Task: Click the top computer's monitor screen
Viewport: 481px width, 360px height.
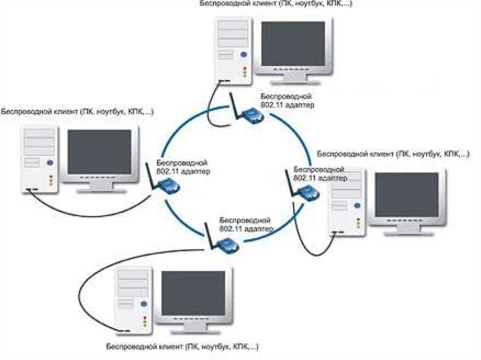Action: (x=293, y=44)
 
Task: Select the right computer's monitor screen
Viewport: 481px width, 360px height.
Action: (x=406, y=195)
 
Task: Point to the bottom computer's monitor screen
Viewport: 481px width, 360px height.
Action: (x=193, y=293)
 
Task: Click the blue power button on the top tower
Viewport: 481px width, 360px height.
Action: (x=243, y=55)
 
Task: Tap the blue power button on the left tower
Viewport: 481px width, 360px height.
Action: (x=50, y=163)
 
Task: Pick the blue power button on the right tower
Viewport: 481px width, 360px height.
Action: (x=358, y=205)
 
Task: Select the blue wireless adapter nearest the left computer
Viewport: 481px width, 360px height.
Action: (x=169, y=187)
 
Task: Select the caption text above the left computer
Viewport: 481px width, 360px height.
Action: (x=77, y=112)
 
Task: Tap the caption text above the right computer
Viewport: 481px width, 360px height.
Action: (x=393, y=154)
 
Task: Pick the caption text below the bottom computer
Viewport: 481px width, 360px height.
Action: (x=182, y=348)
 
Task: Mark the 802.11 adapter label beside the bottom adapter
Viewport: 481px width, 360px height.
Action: (x=246, y=225)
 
